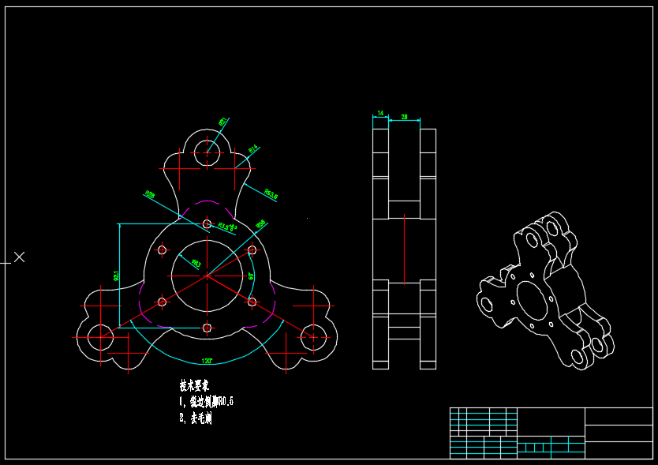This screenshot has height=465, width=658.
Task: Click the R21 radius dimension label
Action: click(x=223, y=122)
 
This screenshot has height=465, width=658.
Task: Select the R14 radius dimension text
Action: click(x=253, y=148)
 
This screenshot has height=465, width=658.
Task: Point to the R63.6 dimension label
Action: click(x=271, y=193)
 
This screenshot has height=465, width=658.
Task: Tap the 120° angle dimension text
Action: click(x=207, y=361)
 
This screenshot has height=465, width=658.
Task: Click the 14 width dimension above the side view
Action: click(x=380, y=114)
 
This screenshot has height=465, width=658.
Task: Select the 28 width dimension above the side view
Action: click(x=405, y=117)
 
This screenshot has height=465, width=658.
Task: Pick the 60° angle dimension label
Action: click(x=251, y=276)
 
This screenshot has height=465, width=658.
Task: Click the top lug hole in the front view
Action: click(x=207, y=149)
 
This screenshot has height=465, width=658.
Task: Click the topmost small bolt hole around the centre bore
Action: click(x=207, y=224)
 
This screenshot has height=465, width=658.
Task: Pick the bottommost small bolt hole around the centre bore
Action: click(x=207, y=327)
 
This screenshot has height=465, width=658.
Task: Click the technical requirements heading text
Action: click(x=194, y=386)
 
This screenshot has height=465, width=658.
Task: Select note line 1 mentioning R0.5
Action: click(x=207, y=402)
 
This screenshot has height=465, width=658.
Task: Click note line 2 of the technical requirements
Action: click(x=196, y=418)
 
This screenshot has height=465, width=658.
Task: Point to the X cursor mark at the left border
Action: click(x=20, y=257)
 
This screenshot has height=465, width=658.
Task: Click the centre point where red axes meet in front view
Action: click(x=207, y=276)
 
